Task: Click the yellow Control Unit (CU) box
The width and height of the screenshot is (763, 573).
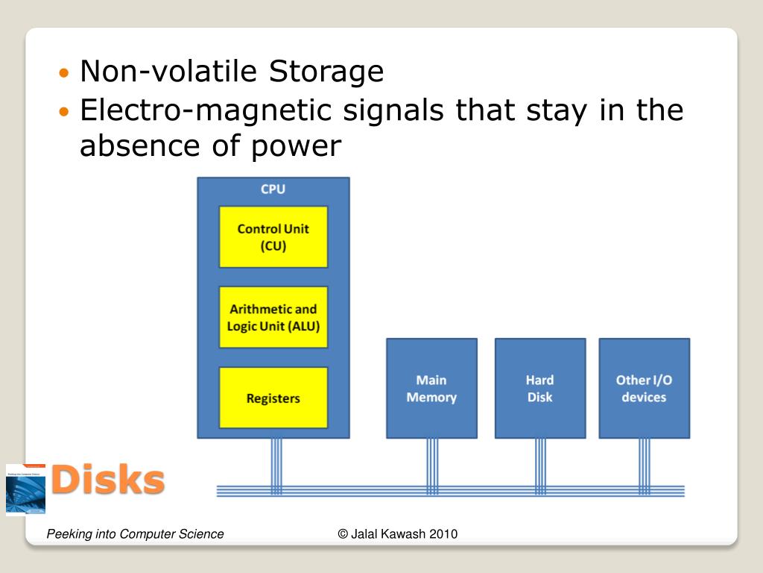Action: (x=273, y=237)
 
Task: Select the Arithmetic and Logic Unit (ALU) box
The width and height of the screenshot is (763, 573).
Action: (x=273, y=317)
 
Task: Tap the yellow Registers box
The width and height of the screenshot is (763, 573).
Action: (x=273, y=398)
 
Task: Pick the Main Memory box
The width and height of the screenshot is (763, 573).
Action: (x=431, y=388)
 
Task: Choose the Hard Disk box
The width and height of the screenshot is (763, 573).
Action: (x=539, y=388)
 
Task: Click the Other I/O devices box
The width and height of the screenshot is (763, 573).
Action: (x=644, y=388)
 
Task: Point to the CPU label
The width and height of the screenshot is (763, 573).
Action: (x=273, y=190)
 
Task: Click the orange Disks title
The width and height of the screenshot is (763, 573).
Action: (x=108, y=480)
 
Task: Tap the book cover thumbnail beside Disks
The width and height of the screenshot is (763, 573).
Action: (x=25, y=489)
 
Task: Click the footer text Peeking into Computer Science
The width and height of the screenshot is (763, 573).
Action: (x=135, y=533)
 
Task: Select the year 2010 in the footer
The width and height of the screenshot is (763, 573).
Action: (x=443, y=533)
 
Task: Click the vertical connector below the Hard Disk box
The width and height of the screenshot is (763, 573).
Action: (x=540, y=463)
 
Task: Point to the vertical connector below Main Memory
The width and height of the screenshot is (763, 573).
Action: (x=432, y=463)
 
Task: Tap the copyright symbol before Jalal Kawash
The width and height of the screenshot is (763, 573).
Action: (x=343, y=533)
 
